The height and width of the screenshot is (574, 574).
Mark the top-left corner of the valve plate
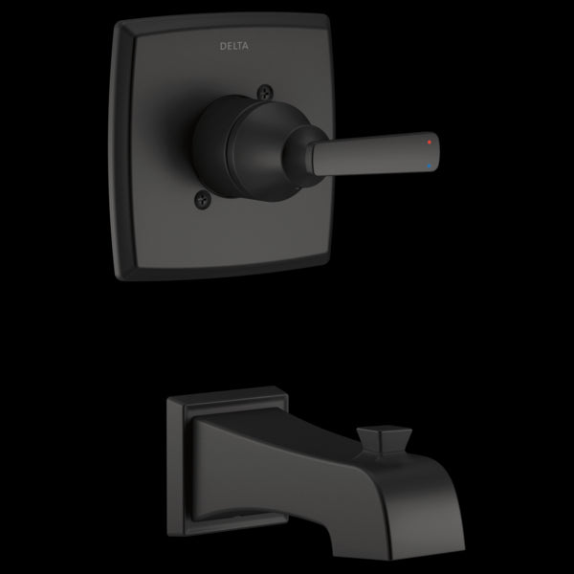point(118,22)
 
